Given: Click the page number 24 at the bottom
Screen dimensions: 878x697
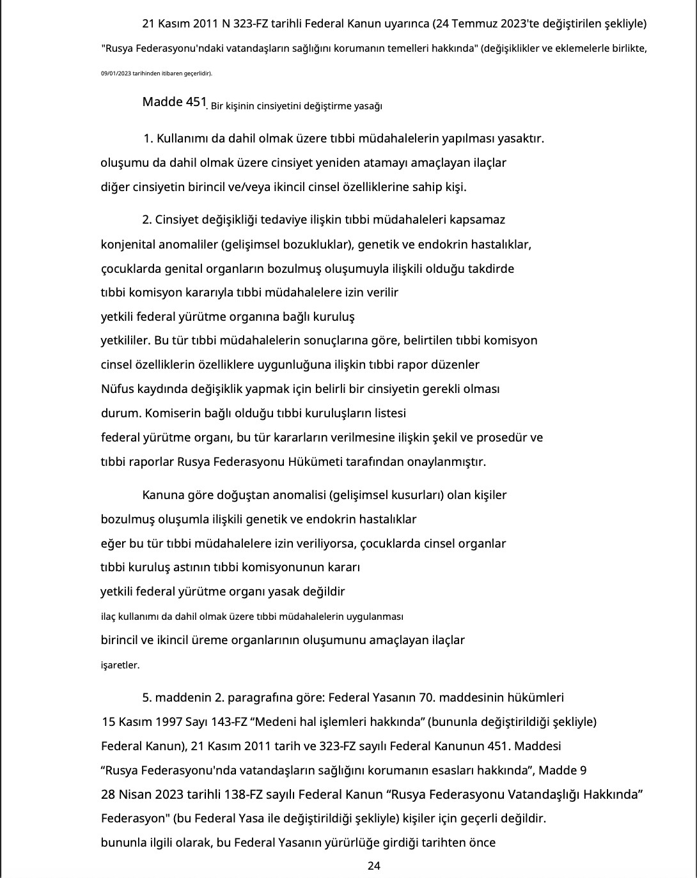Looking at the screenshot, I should click(374, 866).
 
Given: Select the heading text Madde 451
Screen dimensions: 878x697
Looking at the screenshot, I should click(175, 102).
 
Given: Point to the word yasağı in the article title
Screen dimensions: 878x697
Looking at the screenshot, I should click(368, 106).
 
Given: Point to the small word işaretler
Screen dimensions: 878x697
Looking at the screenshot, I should click(120, 665).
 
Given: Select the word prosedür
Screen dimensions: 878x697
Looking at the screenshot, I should click(502, 438).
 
